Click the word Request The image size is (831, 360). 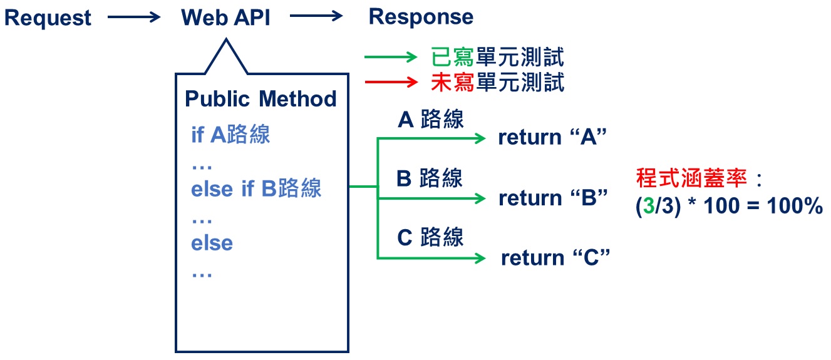tap(48, 18)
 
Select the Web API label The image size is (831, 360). tap(225, 18)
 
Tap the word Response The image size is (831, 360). tap(421, 18)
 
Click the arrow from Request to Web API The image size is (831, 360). tap(134, 18)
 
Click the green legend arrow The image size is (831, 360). tap(391, 58)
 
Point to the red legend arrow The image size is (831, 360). tap(391, 82)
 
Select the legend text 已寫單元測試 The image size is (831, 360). tap(498, 58)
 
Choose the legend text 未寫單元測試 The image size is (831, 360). tap(498, 82)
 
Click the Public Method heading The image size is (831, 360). tap(261, 99)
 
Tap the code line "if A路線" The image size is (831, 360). tap(230, 135)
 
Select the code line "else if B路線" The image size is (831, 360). tap(256, 188)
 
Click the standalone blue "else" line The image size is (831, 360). tap(212, 243)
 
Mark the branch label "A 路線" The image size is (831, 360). tap(431, 119)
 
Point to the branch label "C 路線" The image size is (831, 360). tap(431, 237)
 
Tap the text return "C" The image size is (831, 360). tap(555, 258)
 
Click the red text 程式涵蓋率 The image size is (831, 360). tap(691, 178)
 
